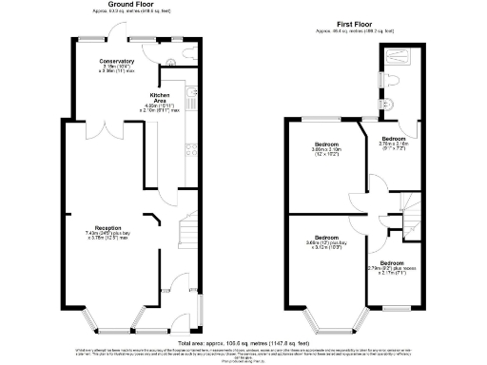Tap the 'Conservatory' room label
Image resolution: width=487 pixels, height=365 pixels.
point(118,62)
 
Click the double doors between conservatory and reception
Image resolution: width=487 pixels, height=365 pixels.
point(107,124)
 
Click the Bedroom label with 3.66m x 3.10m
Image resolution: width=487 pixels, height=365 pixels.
point(326,148)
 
